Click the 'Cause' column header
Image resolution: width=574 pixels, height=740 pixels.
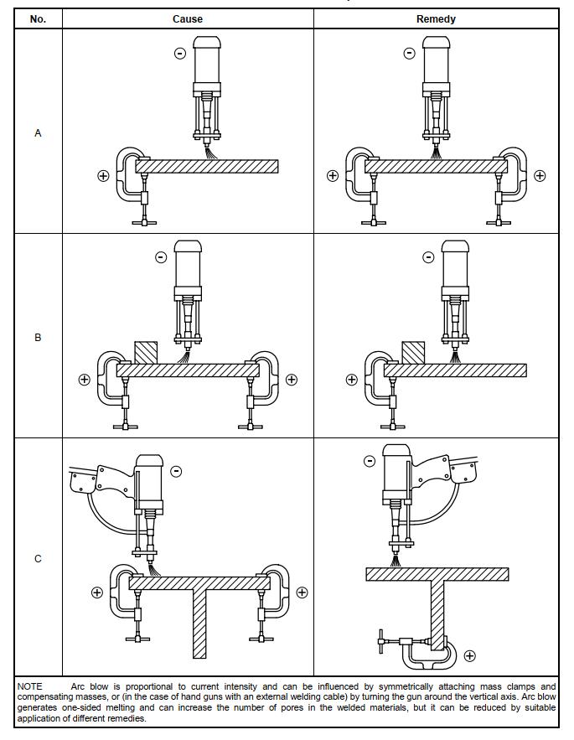[x=188, y=18]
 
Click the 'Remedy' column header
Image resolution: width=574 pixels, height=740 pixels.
[x=436, y=18]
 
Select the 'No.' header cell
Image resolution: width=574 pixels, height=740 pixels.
[x=38, y=18]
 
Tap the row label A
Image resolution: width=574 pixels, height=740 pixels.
[x=38, y=133]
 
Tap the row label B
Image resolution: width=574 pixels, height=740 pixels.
[x=38, y=338]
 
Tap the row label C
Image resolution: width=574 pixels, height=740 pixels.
[x=38, y=559]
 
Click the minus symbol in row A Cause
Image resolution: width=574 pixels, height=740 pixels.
[x=180, y=54]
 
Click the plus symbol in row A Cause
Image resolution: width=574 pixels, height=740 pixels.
[x=103, y=176]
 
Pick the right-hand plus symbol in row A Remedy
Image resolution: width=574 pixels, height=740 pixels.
[x=540, y=176]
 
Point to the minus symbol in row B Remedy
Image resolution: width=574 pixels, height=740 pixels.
[x=428, y=257]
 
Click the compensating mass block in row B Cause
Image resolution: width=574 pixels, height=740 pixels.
[x=145, y=352]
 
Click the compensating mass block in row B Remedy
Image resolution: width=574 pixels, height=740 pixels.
[x=412, y=352]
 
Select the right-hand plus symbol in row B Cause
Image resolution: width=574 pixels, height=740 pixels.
[x=292, y=380]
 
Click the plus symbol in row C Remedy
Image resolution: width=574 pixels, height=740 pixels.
[x=469, y=655]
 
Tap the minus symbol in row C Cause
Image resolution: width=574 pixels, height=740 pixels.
[x=176, y=471]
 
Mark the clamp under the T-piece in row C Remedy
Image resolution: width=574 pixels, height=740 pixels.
[x=419, y=649]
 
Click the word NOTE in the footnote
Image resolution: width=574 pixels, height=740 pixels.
[x=30, y=686]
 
